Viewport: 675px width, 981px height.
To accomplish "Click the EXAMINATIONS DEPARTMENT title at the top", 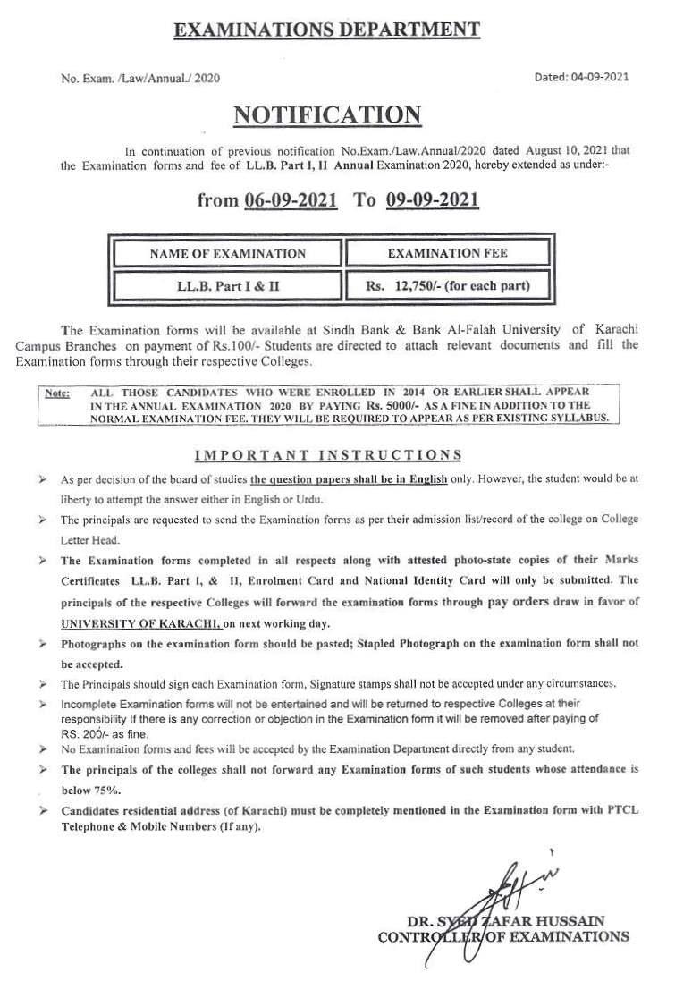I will (326, 30).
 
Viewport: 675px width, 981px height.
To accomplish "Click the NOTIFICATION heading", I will (326, 115).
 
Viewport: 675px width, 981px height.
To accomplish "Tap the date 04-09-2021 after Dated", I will (599, 77).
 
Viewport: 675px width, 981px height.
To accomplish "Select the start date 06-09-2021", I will (291, 199).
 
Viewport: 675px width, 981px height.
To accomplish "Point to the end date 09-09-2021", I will (433, 199).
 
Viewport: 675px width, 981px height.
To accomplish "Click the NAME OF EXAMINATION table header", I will (228, 253).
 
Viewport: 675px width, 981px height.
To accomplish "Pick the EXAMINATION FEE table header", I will (447, 253).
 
